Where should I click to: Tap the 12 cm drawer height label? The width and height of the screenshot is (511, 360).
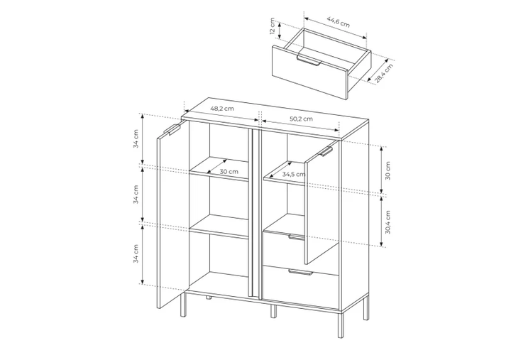[273, 26]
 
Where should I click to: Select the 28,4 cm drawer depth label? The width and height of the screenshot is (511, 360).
[384, 73]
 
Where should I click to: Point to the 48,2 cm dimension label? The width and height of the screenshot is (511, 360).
[222, 109]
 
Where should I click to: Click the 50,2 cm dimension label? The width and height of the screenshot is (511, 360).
[301, 119]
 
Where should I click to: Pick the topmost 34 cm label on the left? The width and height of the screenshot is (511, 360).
[136, 138]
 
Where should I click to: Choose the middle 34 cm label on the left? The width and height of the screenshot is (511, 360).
[136, 195]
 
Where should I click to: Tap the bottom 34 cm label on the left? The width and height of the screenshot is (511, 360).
[136, 253]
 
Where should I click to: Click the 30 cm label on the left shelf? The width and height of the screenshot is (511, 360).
[229, 172]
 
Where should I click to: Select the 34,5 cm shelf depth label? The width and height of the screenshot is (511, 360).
[294, 174]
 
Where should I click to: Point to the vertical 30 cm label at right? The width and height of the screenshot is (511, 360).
[388, 170]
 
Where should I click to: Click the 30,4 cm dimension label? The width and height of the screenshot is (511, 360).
[388, 222]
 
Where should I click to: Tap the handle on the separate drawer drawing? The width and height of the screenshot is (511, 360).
[309, 61]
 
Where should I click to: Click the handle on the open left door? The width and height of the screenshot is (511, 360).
[172, 129]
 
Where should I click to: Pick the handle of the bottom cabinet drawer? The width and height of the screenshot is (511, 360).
[300, 273]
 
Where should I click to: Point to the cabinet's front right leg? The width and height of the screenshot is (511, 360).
[340, 324]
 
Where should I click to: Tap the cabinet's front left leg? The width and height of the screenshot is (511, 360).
[183, 305]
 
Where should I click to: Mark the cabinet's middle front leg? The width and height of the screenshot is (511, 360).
[273, 312]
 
